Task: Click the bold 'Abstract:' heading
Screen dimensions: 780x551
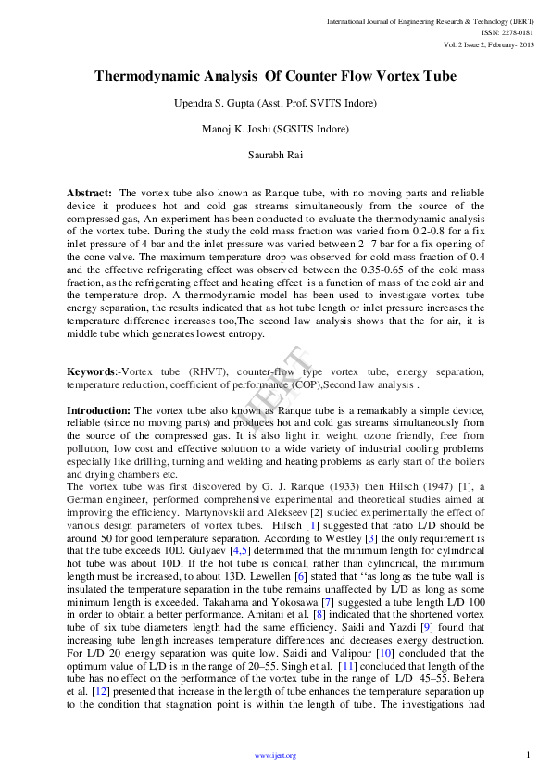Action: (x=89, y=192)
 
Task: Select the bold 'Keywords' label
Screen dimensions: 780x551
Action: (x=90, y=371)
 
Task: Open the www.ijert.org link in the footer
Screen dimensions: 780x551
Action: (x=275, y=756)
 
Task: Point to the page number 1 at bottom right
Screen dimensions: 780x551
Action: (x=527, y=755)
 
